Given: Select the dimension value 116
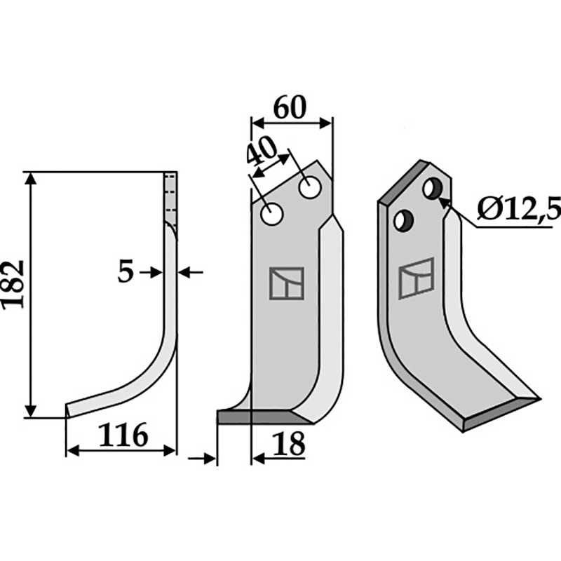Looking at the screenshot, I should coord(123,435).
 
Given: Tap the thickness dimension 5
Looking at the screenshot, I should coord(126,272).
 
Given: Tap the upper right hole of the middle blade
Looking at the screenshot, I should coord(309,188).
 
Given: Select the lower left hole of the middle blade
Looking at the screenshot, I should coord(271,214).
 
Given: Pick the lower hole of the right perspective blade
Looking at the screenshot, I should coord(403,220).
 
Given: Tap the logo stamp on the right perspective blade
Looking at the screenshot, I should coord(415,278).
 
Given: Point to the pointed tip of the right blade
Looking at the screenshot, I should coord(538,400).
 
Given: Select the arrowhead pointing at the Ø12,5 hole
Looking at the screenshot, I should coord(443,201).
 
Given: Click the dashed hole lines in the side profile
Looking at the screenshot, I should coord(169,196).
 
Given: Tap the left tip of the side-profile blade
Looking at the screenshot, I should coord(67,410).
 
